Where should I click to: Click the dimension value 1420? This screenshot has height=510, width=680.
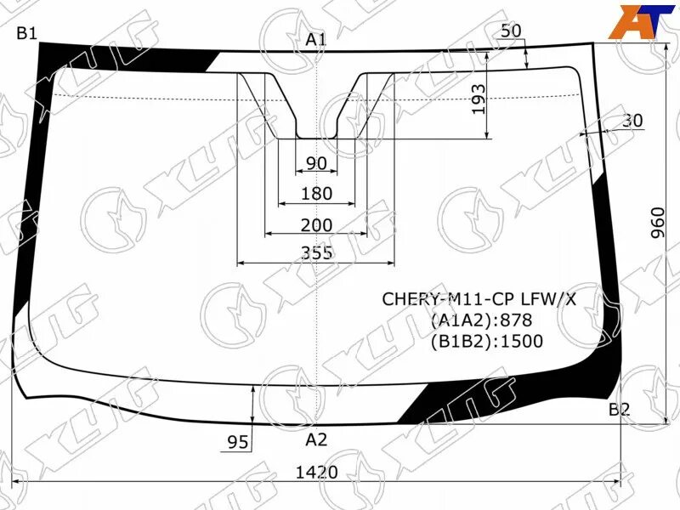tap(317, 472)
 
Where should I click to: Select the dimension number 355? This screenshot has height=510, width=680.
tap(316, 252)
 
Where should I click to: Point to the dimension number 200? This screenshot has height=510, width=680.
tap(316, 225)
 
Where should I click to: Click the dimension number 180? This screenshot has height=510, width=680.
tap(316, 194)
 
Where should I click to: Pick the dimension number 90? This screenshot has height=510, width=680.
tap(316, 163)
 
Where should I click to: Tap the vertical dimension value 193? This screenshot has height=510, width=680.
tap(479, 99)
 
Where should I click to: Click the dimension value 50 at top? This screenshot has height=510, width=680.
tap(511, 31)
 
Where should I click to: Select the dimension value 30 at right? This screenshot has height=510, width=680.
tap(632, 121)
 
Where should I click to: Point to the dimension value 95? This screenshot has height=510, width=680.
tap(238, 441)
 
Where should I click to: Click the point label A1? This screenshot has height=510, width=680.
tap(316, 39)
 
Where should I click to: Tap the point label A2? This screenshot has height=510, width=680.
tap(316, 439)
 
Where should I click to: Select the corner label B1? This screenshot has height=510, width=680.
tap(27, 33)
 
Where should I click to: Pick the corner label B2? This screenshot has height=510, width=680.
tap(619, 410)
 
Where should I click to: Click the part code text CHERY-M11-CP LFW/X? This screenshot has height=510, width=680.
tap(479, 299)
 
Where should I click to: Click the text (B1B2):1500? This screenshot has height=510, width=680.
tap(486, 342)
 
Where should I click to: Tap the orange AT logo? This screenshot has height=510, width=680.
tap(637, 20)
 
